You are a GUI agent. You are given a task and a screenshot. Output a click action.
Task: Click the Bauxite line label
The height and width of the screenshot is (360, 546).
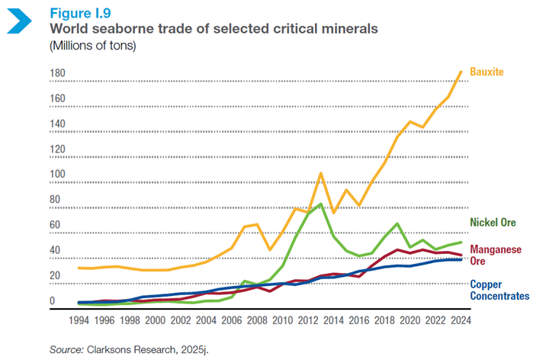point(487,72)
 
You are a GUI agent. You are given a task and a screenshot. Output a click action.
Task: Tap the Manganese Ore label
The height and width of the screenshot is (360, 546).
point(495,255)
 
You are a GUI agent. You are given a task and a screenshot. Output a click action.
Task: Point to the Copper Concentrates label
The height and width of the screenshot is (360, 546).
point(499,289)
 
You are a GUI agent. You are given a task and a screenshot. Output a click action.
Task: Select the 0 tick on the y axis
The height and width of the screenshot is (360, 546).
point(53,301)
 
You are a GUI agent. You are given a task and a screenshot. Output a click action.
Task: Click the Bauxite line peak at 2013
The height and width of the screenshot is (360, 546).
point(321,173)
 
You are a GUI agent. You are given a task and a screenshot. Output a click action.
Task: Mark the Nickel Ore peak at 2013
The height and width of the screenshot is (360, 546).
point(321,204)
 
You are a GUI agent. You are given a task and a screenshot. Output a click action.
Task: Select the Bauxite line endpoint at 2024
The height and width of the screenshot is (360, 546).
point(461,72)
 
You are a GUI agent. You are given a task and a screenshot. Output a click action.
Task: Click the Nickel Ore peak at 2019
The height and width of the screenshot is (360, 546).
point(397,223)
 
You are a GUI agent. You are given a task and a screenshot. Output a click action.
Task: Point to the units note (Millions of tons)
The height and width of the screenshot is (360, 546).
point(92,45)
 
